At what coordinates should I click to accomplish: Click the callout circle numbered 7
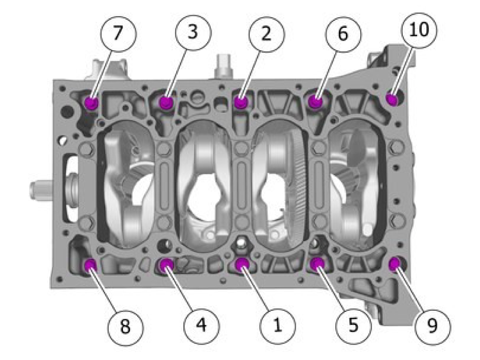pyautogui.click(x=118, y=34)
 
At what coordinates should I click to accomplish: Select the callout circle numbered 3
pyautogui.click(x=193, y=33)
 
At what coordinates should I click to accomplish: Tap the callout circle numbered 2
pyautogui.click(x=267, y=34)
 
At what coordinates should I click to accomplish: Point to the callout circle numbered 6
pyautogui.click(x=343, y=34)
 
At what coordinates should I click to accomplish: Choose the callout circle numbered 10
pyautogui.click(x=419, y=30)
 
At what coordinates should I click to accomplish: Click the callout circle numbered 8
pyautogui.click(x=125, y=326)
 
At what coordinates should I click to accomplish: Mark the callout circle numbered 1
pyautogui.click(x=278, y=325)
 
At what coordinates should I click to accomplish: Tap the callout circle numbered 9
pyautogui.click(x=433, y=326)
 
